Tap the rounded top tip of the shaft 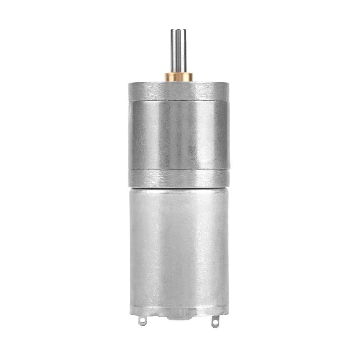[178, 30]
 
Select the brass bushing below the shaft [179, 77]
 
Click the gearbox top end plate [179, 91]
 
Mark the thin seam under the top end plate [179, 100]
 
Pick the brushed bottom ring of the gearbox [179, 178]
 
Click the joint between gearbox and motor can [179, 187]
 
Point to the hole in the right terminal [215, 322]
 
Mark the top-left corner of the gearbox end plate [129, 83]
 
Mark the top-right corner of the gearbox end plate [228, 83]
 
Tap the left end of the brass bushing [166, 77]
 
